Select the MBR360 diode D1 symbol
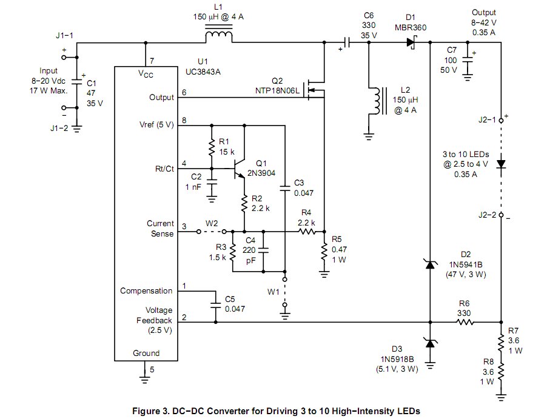click(x=411, y=42)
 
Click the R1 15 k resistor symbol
click(x=212, y=148)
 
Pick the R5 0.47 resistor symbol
click(x=324, y=252)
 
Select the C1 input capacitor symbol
click(x=77, y=82)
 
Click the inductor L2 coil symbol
click(x=377, y=101)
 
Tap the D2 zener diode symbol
click(x=430, y=264)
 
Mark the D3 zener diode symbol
click(x=430, y=343)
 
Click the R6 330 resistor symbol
click(x=465, y=322)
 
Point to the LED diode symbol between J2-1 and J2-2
click(x=502, y=164)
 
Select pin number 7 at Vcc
click(x=152, y=61)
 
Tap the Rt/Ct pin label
click(x=164, y=169)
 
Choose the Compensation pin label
click(x=146, y=290)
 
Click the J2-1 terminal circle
click(x=502, y=120)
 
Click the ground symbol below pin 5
click(x=144, y=379)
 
